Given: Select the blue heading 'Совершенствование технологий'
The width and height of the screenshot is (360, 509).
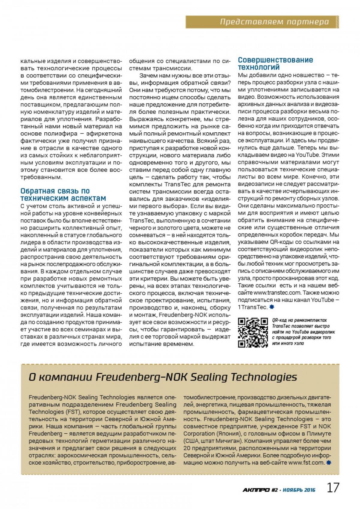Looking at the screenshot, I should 275,63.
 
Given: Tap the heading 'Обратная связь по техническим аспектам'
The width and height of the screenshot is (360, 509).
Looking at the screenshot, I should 63,195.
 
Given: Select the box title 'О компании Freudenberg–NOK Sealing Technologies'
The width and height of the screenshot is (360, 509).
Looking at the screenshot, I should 163,377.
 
